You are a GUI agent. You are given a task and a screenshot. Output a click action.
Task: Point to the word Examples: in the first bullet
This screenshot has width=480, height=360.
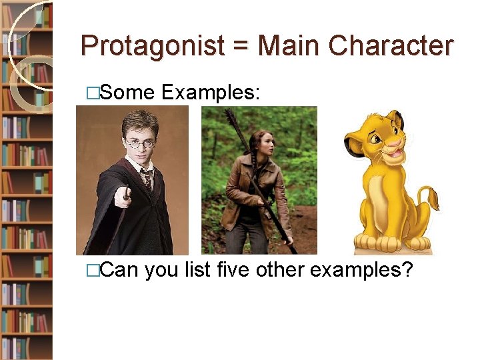(x=209, y=93)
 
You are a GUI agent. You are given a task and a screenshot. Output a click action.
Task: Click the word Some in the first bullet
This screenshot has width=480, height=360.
(x=128, y=93)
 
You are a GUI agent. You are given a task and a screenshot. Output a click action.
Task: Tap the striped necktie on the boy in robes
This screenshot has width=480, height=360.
(x=147, y=178)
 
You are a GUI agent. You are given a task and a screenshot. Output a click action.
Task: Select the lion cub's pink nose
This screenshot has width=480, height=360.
(x=397, y=142)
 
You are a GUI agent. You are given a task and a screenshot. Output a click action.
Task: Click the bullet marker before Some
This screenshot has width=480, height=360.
(x=93, y=94)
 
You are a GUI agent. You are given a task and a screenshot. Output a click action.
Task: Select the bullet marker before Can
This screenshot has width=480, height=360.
(x=93, y=271)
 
